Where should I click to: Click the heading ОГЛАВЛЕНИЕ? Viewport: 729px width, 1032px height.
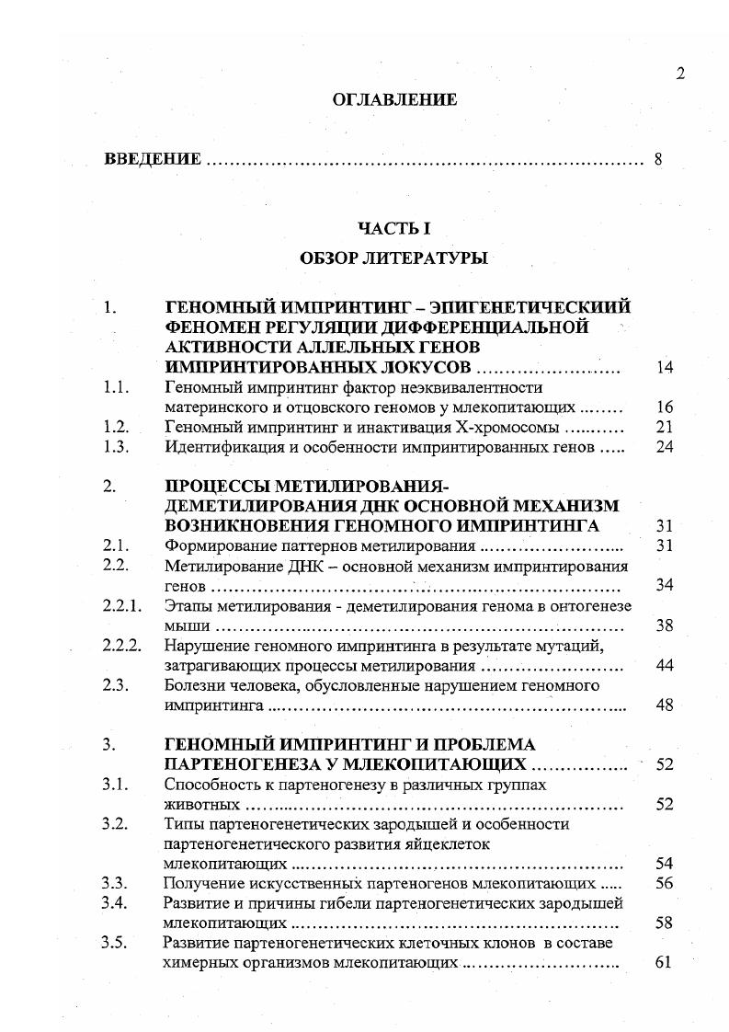coord(394,100)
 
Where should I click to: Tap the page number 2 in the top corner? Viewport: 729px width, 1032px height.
coord(680,75)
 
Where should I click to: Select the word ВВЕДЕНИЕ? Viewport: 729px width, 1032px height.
coord(153,159)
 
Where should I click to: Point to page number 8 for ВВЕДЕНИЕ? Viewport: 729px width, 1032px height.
coord(658,159)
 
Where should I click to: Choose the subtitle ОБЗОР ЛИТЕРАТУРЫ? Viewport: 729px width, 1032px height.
coord(393,258)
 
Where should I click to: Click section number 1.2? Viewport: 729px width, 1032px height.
coord(116,427)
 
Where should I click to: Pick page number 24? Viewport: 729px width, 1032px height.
coord(665,447)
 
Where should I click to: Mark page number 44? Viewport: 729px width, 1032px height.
coord(665,665)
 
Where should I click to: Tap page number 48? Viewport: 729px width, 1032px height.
coord(665,705)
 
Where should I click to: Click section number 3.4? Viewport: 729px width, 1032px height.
coord(116,902)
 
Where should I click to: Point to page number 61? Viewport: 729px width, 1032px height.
coord(665,963)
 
